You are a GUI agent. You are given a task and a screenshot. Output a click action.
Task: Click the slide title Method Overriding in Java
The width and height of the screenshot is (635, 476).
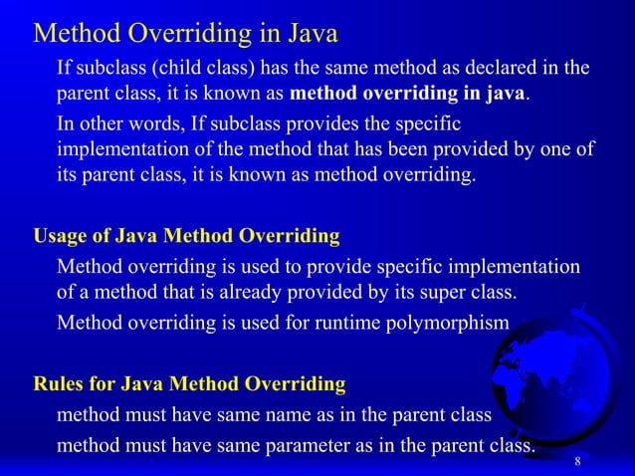185,34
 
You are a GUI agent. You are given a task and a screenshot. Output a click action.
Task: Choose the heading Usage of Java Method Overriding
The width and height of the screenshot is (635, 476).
187,237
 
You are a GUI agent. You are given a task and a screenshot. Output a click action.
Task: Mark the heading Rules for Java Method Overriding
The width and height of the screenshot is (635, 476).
189,383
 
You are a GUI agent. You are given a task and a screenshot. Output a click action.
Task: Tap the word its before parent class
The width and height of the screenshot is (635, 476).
70,177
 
